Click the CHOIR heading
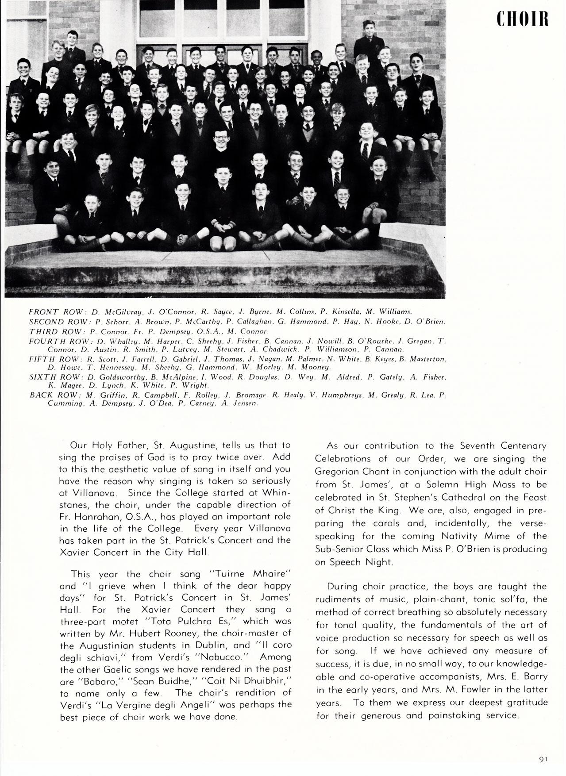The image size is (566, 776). [522, 19]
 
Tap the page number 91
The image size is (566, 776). [543, 759]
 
